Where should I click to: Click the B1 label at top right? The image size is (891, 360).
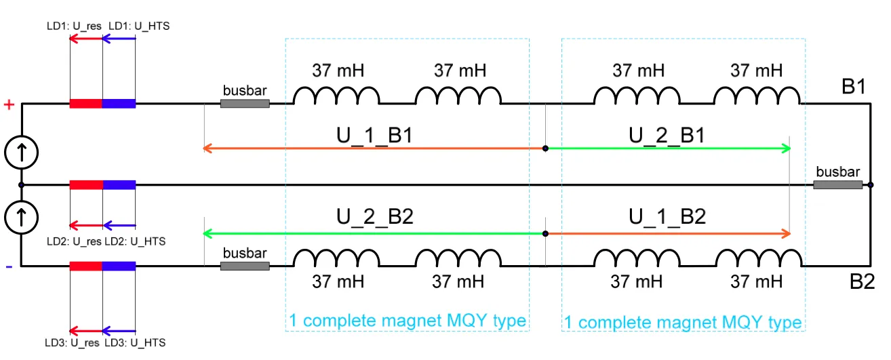(x=854, y=86)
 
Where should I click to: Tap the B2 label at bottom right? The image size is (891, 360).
(x=862, y=281)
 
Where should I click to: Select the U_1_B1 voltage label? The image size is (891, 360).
(x=374, y=135)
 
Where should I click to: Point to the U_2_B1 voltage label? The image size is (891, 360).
(x=667, y=135)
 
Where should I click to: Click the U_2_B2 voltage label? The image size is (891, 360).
(x=375, y=217)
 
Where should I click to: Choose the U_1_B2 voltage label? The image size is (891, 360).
(x=667, y=217)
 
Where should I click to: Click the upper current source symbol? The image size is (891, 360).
(x=22, y=153)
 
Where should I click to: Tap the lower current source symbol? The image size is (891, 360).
(x=22, y=218)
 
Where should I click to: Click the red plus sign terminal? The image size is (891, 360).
(x=9, y=104)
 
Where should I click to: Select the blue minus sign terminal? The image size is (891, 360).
(x=9, y=266)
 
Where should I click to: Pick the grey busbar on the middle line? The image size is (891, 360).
(x=837, y=184)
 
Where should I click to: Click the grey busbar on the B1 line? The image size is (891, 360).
(x=245, y=104)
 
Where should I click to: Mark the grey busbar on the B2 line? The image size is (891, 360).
(x=245, y=266)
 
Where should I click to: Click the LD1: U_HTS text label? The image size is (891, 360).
(x=139, y=26)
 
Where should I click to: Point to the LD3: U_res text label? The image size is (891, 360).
(x=72, y=343)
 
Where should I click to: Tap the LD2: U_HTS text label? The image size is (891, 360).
(x=135, y=241)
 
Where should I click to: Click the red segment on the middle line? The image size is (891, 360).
(x=86, y=184)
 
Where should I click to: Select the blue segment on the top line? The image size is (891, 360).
(x=119, y=104)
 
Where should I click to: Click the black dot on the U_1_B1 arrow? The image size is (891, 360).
(x=545, y=148)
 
